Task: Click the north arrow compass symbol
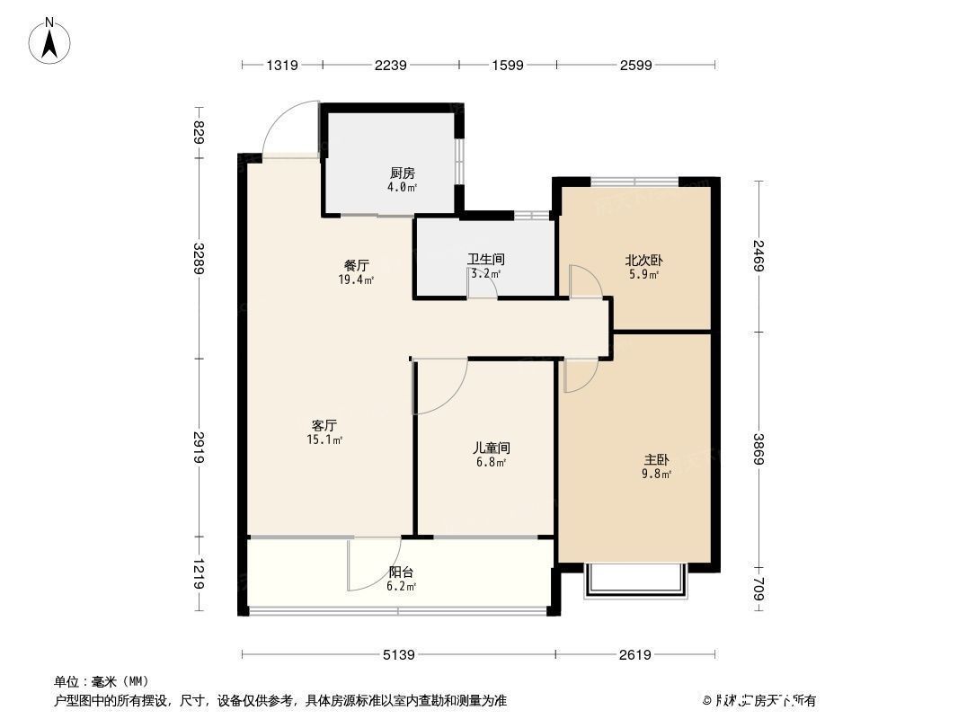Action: [x=50, y=40]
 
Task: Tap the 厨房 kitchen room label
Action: [x=402, y=173]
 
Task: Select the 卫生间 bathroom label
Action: [x=483, y=259]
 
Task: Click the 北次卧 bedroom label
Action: [x=643, y=262]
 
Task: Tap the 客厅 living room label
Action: [x=324, y=425]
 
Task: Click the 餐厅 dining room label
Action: [x=357, y=265]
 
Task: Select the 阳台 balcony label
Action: [x=401, y=572]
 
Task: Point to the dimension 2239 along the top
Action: [x=391, y=65]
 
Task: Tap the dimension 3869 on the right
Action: [x=759, y=448]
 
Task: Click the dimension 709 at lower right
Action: [x=759, y=589]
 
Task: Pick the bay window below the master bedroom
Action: [x=635, y=582]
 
